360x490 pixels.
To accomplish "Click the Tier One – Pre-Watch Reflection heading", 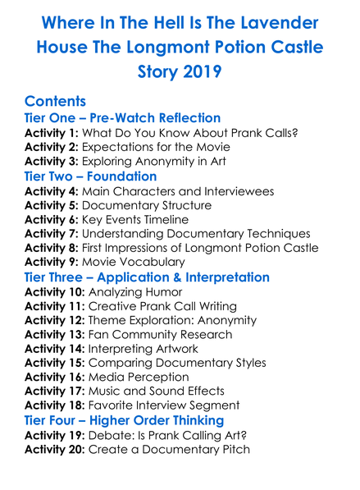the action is [122, 118].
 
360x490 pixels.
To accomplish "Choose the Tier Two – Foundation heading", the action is [90, 176].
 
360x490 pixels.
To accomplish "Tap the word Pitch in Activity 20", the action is [231, 451].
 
